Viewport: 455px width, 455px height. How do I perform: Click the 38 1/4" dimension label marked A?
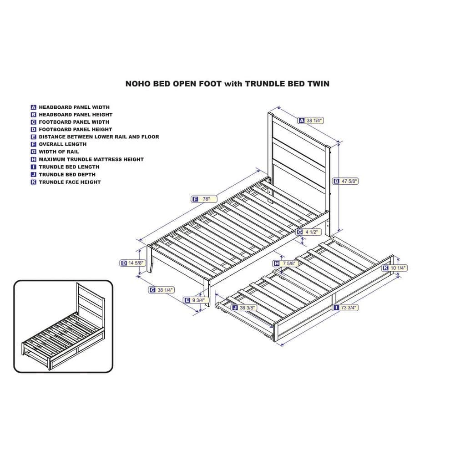click(310, 120)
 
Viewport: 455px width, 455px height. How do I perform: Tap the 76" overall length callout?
click(204, 199)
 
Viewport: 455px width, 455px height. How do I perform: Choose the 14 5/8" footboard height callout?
click(132, 263)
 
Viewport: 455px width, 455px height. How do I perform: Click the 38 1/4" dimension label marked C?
click(162, 289)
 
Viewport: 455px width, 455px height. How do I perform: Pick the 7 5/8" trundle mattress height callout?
click(286, 263)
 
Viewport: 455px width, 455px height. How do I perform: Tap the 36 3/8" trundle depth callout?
click(244, 308)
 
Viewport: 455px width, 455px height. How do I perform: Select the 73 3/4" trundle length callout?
click(345, 307)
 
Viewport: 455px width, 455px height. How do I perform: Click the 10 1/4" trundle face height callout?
click(394, 268)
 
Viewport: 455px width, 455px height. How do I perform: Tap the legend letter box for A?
click(33, 107)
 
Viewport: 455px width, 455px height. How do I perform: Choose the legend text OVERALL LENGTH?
click(63, 144)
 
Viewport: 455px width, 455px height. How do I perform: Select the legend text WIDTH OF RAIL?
click(59, 152)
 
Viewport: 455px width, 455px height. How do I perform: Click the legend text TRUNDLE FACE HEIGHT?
click(70, 182)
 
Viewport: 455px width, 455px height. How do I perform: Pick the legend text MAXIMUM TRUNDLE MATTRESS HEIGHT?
click(91, 159)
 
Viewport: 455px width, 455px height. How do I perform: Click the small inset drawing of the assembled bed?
click(63, 326)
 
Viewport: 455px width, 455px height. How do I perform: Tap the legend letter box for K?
click(33, 182)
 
